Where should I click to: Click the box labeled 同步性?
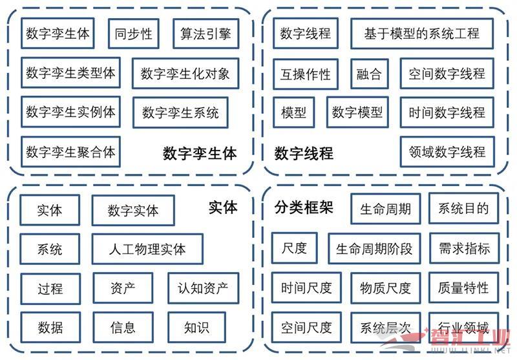click(x=134, y=34)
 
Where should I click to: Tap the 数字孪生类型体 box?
click(x=70, y=73)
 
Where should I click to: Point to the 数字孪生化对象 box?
click(x=185, y=74)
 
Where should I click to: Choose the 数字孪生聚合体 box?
click(x=70, y=152)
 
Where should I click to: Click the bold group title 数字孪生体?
click(x=200, y=154)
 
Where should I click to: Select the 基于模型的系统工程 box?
click(x=421, y=34)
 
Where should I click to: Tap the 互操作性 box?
click(x=306, y=74)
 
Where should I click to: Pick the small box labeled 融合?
click(x=369, y=74)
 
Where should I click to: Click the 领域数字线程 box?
click(x=447, y=152)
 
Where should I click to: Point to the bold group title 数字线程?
click(x=304, y=154)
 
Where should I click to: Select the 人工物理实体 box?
click(x=147, y=249)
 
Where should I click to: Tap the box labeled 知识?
click(x=196, y=327)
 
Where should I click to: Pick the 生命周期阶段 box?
click(x=374, y=249)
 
